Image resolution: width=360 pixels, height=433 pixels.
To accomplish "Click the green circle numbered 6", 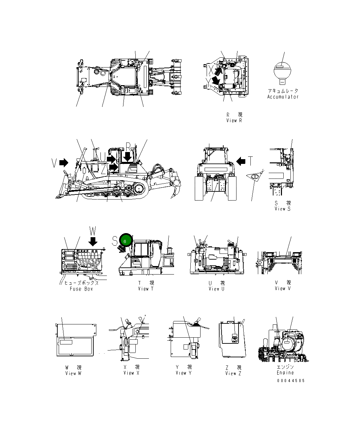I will click(125, 240).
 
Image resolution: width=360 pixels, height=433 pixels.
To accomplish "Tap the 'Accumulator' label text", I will click(283, 97).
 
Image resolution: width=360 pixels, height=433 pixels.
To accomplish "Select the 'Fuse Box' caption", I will click(81, 289).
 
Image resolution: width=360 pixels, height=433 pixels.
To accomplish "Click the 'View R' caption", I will click(234, 120).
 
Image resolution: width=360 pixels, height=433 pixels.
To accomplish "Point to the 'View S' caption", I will click(282, 209).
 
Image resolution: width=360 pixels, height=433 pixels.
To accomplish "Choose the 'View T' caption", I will click(146, 289).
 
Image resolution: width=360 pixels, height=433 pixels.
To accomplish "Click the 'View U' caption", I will click(216, 289).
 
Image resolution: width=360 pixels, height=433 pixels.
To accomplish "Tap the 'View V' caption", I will click(283, 288).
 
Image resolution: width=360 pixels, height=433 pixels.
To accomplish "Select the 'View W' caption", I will click(73, 373).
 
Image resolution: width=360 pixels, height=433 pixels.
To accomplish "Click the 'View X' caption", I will click(131, 373).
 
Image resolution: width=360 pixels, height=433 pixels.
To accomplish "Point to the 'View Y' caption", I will click(184, 373).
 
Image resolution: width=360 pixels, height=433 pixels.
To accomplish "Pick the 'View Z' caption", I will click(233, 373).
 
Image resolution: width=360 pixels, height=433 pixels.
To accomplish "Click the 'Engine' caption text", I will click(285, 373).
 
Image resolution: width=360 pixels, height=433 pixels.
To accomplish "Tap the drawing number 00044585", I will click(291, 380).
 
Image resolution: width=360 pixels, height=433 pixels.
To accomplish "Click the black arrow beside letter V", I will click(63, 163).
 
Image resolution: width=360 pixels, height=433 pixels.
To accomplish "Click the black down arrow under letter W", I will click(93, 241).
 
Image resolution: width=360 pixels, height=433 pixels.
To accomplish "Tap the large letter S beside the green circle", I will click(115, 241).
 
